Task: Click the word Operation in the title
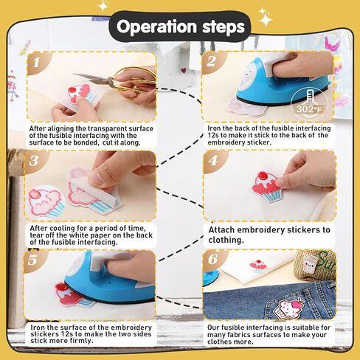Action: click(x=156, y=27)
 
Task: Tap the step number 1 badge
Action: click(x=37, y=62)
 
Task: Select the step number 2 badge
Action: click(x=211, y=61)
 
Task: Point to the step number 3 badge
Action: click(x=34, y=161)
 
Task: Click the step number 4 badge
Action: click(x=213, y=161)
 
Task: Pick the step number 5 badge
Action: click(x=32, y=260)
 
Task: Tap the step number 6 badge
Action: click(x=212, y=259)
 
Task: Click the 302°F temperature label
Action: click(x=309, y=108)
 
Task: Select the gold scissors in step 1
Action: click(x=118, y=80)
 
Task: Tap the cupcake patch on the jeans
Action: click(x=289, y=308)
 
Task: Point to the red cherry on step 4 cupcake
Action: click(x=261, y=176)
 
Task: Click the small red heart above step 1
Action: click(x=183, y=71)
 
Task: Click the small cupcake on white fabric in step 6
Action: click(x=258, y=266)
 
